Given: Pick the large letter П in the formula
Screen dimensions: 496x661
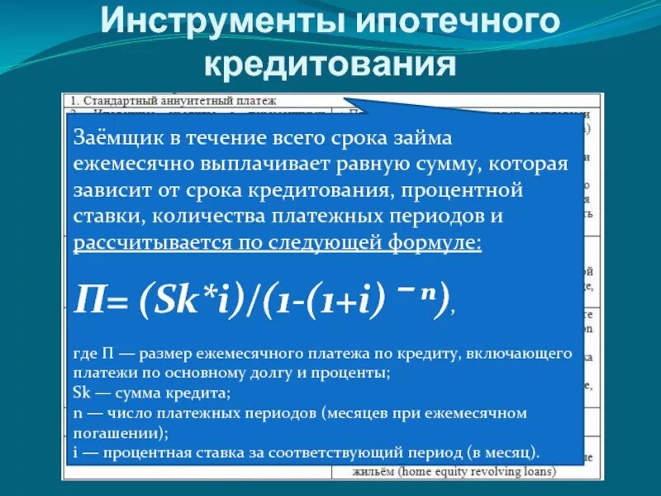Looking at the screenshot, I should coord(88,295).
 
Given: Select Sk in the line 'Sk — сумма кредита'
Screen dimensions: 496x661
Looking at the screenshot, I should coord(81,393).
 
